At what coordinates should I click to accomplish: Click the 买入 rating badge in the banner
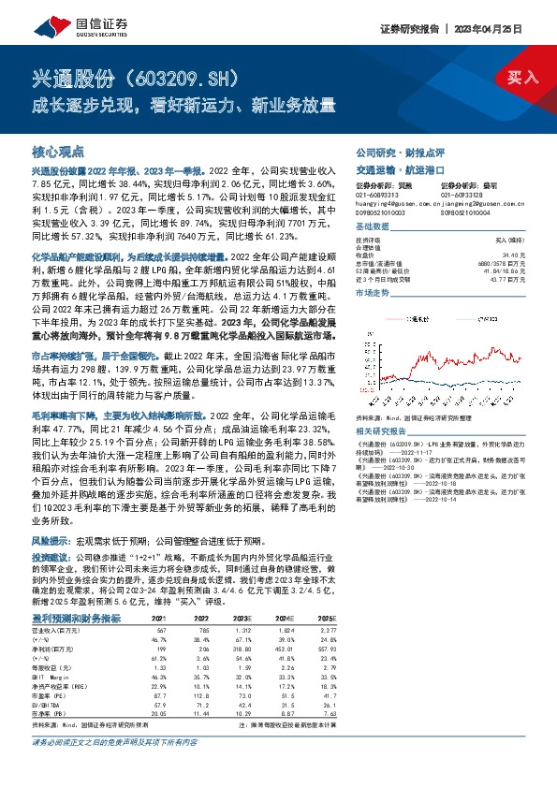pos(523,76)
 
